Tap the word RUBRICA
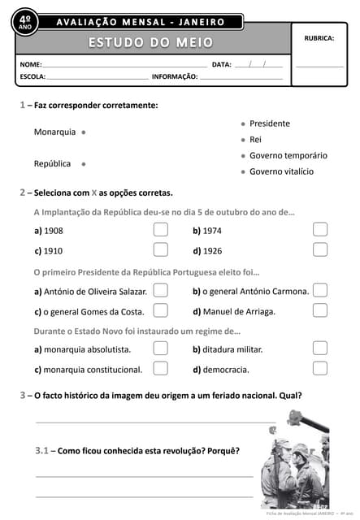click(319, 38)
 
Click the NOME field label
click(30, 64)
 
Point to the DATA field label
click(221, 64)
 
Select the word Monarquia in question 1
click(54, 132)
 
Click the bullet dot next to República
click(84, 163)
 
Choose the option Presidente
click(269, 123)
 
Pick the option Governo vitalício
click(281, 171)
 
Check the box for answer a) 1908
click(160, 230)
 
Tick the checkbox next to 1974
click(320, 230)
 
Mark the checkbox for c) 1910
click(160, 250)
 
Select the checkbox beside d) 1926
click(320, 250)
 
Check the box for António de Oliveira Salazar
click(160, 290)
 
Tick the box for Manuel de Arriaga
click(320, 310)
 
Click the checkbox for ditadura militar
click(320, 349)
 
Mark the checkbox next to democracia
click(320, 369)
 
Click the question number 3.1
click(43, 450)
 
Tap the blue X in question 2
click(93, 193)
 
